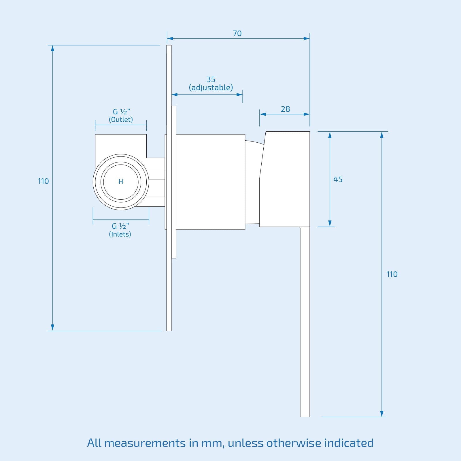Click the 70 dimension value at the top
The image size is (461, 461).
[237, 33]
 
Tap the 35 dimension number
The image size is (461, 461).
[211, 79]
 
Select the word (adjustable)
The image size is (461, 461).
[211, 88]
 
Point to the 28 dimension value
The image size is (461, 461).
[285, 109]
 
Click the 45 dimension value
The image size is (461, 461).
[338, 180]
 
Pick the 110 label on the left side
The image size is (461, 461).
[43, 181]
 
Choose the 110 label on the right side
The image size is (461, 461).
[392, 274]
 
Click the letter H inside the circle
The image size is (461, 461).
[121, 182]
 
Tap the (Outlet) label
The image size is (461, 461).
[121, 120]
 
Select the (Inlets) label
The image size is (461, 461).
[120, 234]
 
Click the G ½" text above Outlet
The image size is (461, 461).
[121, 112]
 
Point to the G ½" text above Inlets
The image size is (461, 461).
[120, 226]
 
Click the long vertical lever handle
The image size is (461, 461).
[305, 323]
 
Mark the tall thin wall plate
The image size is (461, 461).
[169, 288]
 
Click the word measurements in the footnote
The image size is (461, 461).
[145, 443]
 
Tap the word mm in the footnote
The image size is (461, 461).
[213, 443]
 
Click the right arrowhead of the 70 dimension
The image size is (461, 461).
[307, 38]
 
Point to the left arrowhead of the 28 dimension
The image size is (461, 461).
[262, 114]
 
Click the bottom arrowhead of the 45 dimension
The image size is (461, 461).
[330, 224]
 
